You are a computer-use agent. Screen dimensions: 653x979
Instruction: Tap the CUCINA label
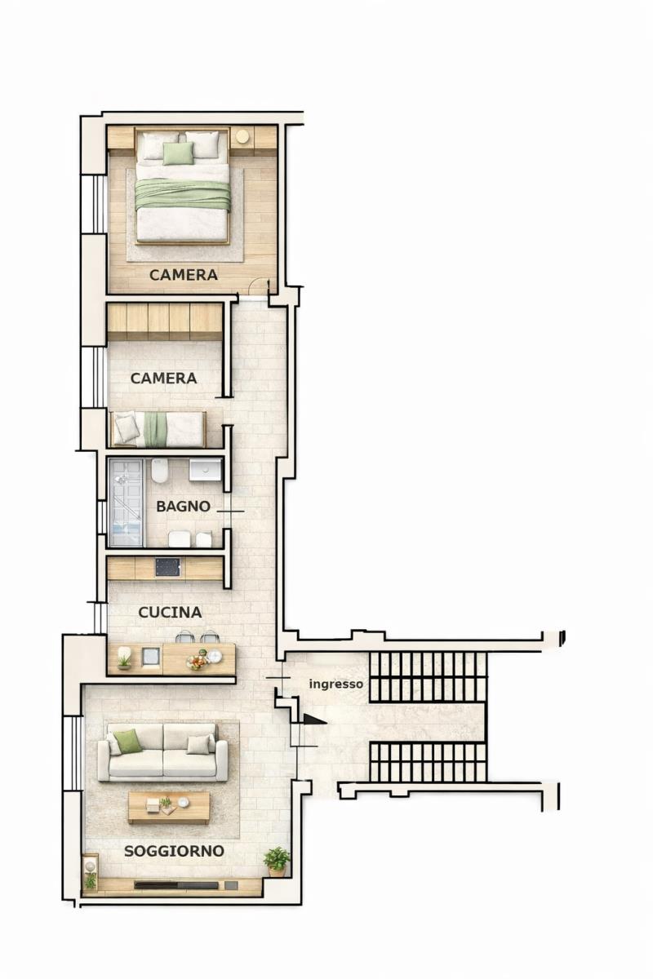(x=170, y=613)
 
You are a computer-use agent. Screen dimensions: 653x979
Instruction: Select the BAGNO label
(x=184, y=507)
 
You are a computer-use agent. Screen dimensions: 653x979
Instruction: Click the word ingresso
(x=336, y=684)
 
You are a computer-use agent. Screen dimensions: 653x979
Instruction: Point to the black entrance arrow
(x=314, y=720)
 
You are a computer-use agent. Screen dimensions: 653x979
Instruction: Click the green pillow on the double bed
(x=178, y=153)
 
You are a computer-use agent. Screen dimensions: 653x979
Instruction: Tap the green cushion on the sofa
(x=127, y=742)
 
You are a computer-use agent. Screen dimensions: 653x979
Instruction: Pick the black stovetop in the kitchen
(x=167, y=568)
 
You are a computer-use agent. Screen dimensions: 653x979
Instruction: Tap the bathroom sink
(x=205, y=470)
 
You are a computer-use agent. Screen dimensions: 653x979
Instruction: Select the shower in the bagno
(x=126, y=503)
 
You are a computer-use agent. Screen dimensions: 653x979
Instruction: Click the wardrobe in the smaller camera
(x=165, y=321)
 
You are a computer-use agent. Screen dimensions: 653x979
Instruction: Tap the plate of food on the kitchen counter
(x=198, y=662)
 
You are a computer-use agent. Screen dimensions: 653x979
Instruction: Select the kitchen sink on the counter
(x=151, y=658)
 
